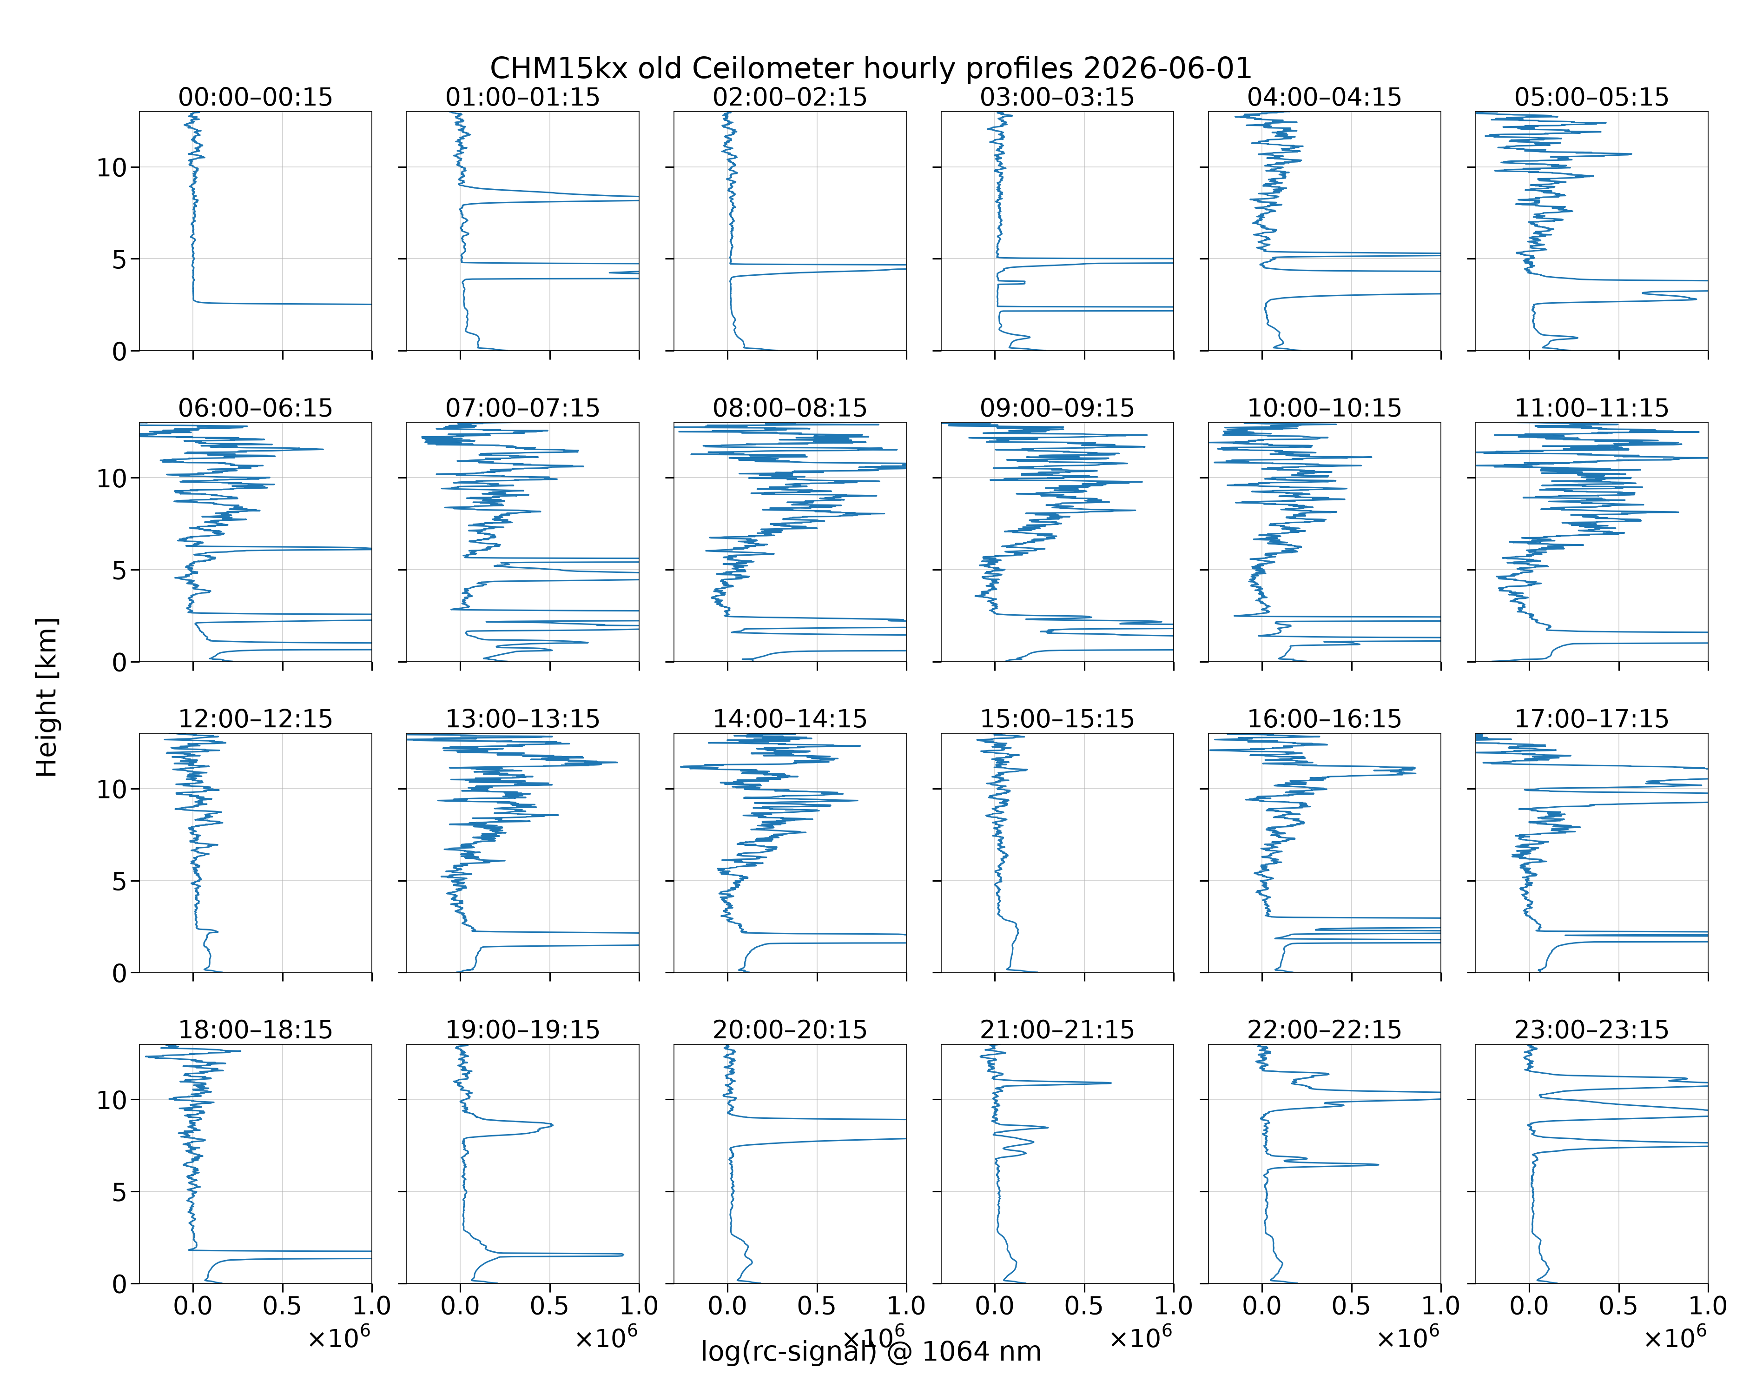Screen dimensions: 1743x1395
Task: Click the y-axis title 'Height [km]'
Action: pyautogui.click(x=47, y=697)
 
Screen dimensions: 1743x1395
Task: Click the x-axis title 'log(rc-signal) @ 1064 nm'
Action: pyautogui.click(x=871, y=1351)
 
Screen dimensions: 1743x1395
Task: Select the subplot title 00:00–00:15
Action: pyautogui.click(x=256, y=97)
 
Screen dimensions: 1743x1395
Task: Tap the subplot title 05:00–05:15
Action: pyautogui.click(x=1592, y=97)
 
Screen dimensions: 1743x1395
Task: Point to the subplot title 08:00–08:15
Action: pyautogui.click(x=790, y=408)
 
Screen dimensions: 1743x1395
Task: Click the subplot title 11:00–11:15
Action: pyautogui.click(x=1592, y=408)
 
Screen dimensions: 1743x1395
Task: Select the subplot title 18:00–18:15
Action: pyautogui.click(x=256, y=1030)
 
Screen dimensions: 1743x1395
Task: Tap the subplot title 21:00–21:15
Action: pyautogui.click(x=1057, y=1030)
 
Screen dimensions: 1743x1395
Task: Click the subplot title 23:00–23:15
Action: pyautogui.click(x=1592, y=1030)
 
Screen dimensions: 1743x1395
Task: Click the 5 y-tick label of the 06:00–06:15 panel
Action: pyautogui.click(x=119, y=570)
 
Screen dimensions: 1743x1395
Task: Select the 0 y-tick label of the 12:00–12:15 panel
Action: pyautogui.click(x=119, y=973)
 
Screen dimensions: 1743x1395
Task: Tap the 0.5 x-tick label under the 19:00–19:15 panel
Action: pyautogui.click(x=550, y=1305)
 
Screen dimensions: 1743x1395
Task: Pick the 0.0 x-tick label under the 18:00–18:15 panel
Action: pyautogui.click(x=192, y=1305)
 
